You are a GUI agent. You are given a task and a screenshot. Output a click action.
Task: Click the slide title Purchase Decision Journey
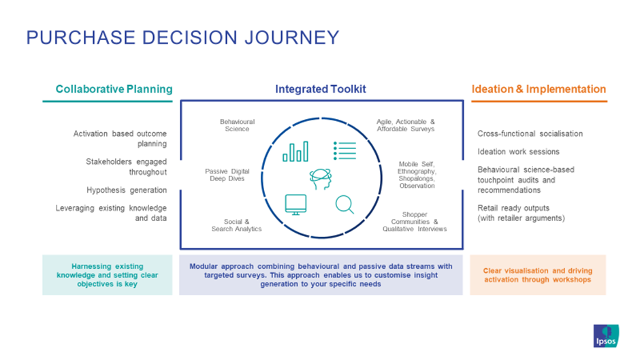[x=182, y=37]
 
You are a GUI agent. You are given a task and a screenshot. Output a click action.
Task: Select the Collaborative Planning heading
[x=114, y=89]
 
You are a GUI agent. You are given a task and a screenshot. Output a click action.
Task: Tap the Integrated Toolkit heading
[x=321, y=89]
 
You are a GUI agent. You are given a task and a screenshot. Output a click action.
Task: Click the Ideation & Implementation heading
[x=538, y=89]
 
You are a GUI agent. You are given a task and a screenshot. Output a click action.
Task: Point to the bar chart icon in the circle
[x=295, y=152]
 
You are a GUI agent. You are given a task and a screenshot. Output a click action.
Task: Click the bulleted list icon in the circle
[x=345, y=150]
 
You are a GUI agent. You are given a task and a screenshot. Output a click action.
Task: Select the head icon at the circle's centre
[x=320, y=179]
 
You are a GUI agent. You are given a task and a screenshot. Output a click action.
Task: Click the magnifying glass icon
[x=345, y=204]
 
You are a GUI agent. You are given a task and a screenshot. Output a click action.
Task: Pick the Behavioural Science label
[x=234, y=125]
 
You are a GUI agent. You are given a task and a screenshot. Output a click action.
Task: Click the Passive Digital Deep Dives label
[x=227, y=176]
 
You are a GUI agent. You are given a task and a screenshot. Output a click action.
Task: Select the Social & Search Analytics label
[x=236, y=225]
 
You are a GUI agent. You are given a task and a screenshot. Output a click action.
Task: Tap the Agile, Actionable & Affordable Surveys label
[x=405, y=125]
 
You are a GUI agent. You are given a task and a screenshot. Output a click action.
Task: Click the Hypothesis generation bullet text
[x=126, y=190]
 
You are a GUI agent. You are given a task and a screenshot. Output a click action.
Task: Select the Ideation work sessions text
[x=518, y=152]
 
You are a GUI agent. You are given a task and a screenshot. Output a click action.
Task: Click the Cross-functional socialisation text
[x=530, y=134]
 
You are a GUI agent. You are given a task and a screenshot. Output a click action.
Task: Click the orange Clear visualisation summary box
[x=538, y=275]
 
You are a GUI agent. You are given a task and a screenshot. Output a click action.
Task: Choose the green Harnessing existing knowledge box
[x=107, y=275]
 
